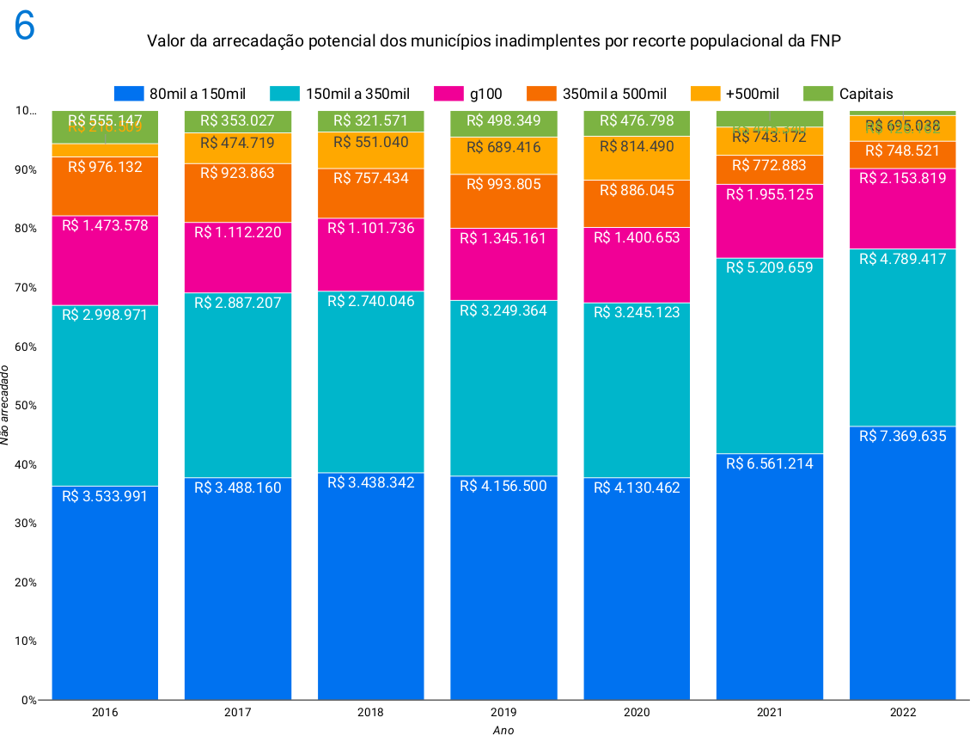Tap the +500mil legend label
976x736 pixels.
752,94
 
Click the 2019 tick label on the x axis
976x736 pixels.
503,713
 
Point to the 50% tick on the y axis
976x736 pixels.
27,405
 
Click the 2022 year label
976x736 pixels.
903,713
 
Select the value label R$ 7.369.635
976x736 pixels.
903,436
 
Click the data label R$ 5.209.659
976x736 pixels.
770,267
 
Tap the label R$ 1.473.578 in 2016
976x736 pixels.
105,226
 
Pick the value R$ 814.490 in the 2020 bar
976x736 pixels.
637,146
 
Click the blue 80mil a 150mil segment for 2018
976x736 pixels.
371,593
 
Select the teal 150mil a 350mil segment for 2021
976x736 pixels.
770,361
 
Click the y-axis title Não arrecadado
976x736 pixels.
7,405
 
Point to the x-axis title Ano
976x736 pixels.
503,730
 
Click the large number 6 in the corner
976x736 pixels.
24,27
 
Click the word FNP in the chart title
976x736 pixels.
824,40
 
